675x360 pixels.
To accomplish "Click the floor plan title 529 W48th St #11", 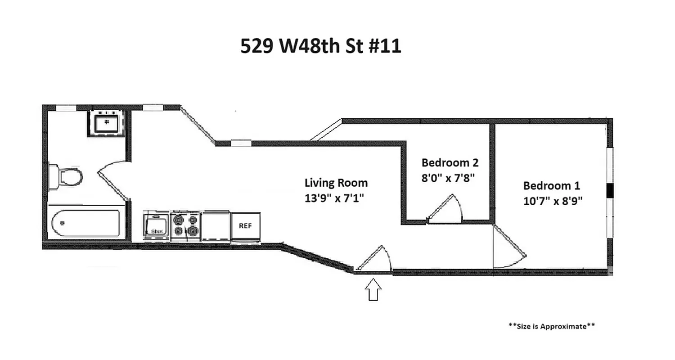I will (320, 46).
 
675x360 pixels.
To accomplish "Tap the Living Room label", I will (336, 183).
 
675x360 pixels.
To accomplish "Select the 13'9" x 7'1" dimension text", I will (334, 198).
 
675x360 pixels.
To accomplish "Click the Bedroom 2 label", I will (450, 162).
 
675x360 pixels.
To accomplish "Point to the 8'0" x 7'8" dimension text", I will (448, 177).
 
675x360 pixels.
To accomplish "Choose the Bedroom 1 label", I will (552, 185).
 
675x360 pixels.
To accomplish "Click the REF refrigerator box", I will (245, 226).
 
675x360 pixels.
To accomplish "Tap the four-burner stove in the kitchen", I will (186, 225).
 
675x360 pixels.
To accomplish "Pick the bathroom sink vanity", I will (107, 122).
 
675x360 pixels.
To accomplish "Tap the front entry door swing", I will (374, 260).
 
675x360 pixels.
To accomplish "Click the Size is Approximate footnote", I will (551, 326).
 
